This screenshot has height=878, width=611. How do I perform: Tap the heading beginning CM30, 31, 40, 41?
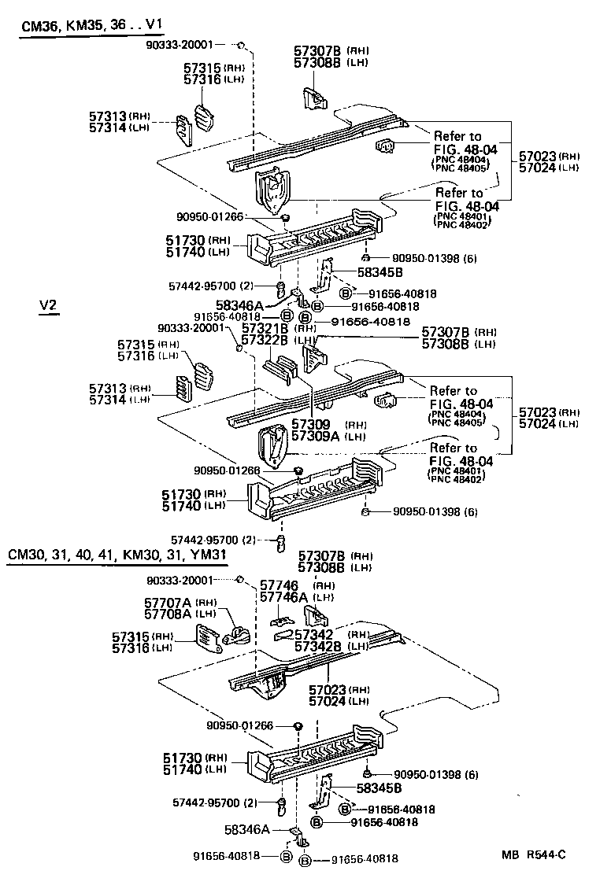click(118, 555)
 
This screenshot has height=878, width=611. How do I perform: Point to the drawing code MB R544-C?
click(535, 854)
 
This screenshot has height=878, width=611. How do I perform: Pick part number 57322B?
click(267, 340)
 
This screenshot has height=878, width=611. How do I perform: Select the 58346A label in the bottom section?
click(247, 829)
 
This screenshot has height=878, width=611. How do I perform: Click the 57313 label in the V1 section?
click(108, 116)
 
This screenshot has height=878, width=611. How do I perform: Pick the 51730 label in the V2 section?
click(183, 493)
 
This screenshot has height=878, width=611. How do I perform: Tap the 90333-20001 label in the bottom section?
click(180, 580)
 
